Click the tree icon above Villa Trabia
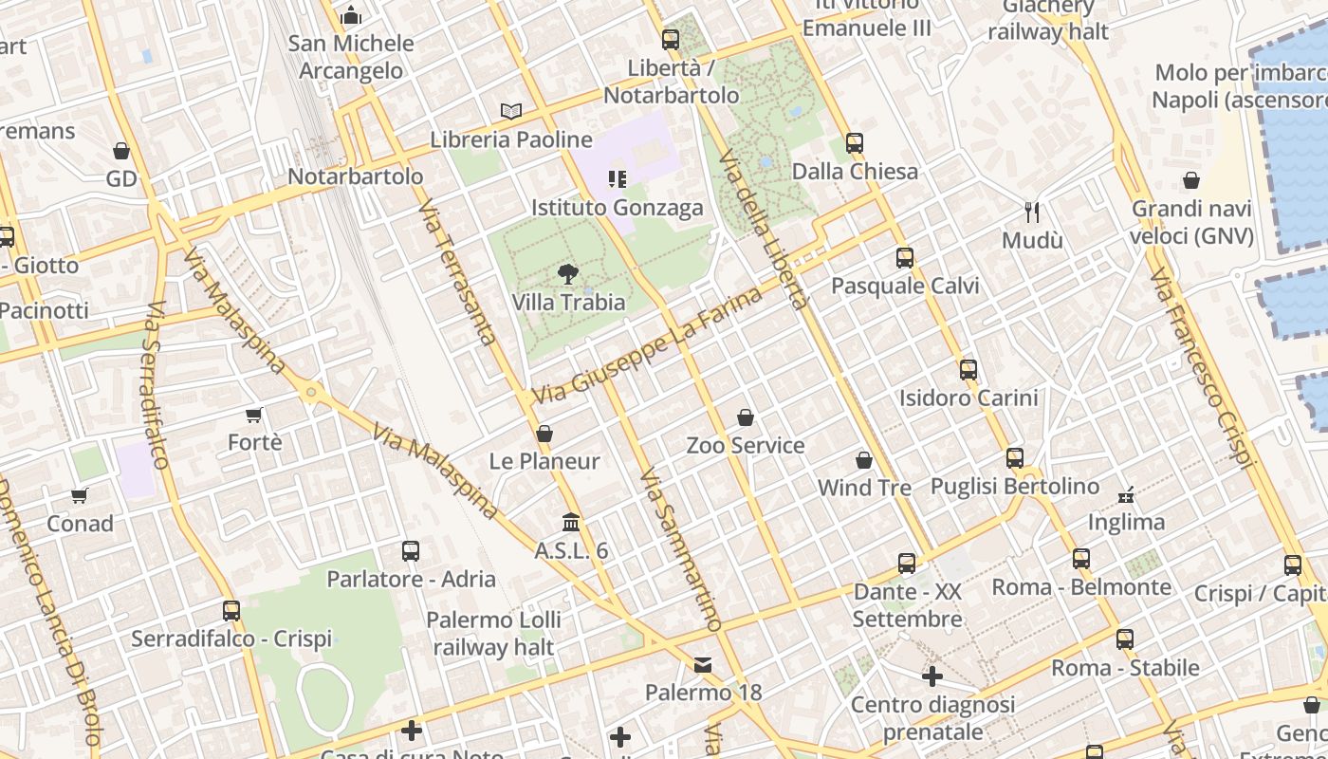(567, 275)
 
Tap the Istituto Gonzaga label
(618, 208)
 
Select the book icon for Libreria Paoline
(511, 111)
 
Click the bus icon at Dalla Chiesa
(854, 143)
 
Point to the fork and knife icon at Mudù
(1032, 213)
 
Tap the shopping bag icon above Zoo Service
(746, 417)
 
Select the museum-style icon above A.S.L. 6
(571, 523)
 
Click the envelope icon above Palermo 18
(703, 665)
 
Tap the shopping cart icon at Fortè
(253, 415)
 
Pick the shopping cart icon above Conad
(80, 495)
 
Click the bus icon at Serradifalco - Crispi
(231, 610)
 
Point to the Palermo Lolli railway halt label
(493, 634)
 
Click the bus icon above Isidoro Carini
(968, 370)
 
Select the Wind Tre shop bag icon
(864, 460)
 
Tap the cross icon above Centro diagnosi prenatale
(931, 676)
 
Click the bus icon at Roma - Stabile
(1125, 639)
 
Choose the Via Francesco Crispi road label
(1201, 368)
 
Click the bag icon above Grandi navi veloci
(1191, 180)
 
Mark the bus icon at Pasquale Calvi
(905, 257)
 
